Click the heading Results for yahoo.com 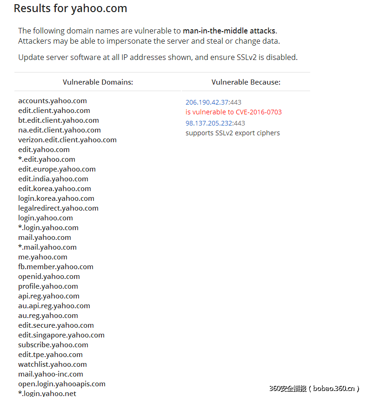[70, 8]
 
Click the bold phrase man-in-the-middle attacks [229, 31]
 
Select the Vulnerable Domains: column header [98, 82]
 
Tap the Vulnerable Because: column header [246, 82]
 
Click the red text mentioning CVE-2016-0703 [233, 112]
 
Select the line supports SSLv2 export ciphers [233, 133]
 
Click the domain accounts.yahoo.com [53, 101]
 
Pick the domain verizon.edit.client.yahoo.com [67, 140]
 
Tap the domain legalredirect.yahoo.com [58, 208]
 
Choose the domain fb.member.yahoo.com [56, 267]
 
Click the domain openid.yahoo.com [49, 277]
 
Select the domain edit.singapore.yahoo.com [61, 335]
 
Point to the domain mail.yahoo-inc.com [51, 374]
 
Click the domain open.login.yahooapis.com [62, 384]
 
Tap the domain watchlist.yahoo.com [53, 364]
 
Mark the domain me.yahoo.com [43, 257]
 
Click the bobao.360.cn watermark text [333, 389]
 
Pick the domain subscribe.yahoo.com [53, 345]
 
